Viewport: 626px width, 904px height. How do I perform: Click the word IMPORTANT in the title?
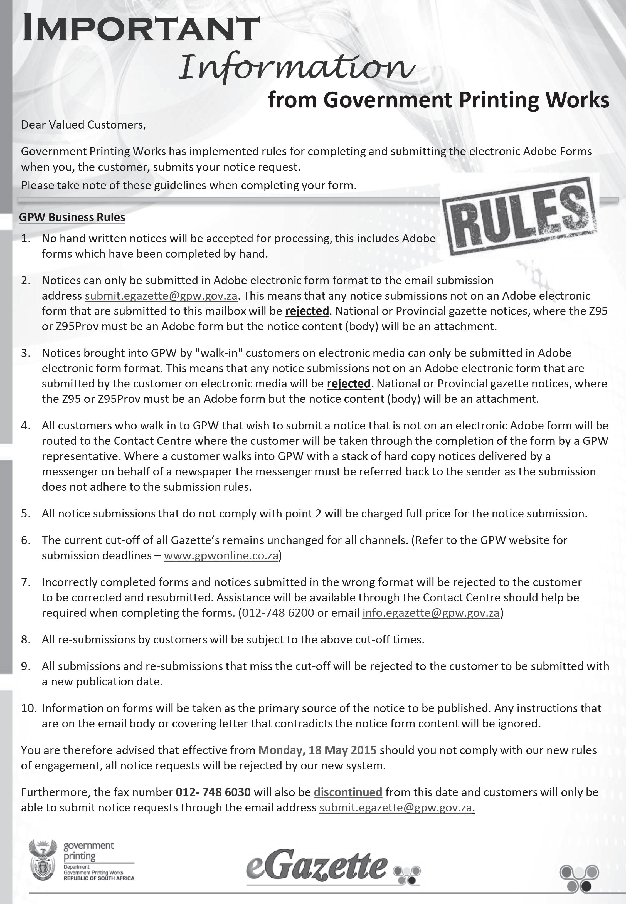(141, 28)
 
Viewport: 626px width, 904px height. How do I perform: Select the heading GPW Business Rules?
(72, 218)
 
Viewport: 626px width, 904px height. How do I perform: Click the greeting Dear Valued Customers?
(83, 125)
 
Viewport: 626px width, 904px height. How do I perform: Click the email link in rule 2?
(161, 296)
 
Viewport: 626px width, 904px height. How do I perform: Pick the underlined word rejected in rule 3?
(348, 383)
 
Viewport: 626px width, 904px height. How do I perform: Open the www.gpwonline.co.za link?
(221, 555)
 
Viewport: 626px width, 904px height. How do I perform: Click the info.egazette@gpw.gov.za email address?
(431, 613)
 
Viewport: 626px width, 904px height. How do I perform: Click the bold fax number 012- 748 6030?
(213, 792)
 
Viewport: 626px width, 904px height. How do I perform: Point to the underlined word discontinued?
(348, 792)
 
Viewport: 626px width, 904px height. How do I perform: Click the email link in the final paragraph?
(397, 807)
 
